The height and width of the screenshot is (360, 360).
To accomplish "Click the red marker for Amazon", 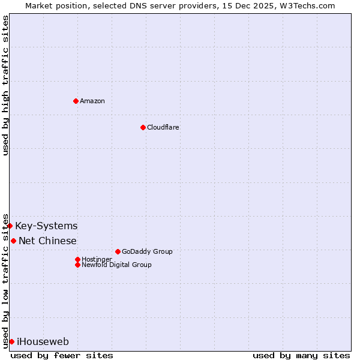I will coord(76,101).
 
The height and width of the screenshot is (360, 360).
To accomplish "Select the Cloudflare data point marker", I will coord(143,127).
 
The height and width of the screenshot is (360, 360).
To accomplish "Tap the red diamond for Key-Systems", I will coord(10,226).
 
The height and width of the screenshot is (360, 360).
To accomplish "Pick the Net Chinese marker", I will coord(14,241).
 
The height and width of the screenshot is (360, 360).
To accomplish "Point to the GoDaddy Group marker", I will coord(118,251).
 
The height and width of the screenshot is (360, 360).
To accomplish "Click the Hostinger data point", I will coord(77,259).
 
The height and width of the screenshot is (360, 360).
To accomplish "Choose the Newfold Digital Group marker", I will coord(77,265).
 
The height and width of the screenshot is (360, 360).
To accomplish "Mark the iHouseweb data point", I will coord(11,341).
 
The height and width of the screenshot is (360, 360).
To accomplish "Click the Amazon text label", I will coord(92,101).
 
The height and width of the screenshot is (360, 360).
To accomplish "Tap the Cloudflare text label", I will coord(163,127).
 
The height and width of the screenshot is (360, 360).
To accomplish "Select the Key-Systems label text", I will coord(46,226).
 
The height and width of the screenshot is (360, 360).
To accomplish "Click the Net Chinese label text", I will coord(47,241).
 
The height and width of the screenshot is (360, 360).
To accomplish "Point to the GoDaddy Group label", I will coord(147,251).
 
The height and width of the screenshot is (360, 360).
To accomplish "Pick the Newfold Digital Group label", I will coord(116,265).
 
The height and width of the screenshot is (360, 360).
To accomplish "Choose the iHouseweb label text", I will coord(43,341).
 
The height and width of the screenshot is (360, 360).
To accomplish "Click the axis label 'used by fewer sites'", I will coord(62,355).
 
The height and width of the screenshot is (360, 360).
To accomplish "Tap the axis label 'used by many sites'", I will coord(301,355).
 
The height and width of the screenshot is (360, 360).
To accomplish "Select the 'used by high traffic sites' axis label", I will coord(6,85).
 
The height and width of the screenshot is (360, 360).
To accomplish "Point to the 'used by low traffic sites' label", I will coord(6,280).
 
